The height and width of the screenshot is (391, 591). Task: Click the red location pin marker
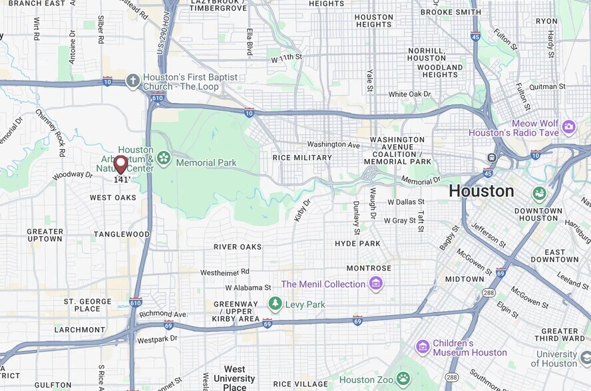point(120,164)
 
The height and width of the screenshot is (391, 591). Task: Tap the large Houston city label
point(481,191)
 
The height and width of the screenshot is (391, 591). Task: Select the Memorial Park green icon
point(164,159)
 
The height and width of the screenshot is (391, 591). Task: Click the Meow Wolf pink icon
point(568,126)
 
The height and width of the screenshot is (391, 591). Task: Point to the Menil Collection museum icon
point(376,284)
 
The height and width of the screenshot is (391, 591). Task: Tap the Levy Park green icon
point(275,304)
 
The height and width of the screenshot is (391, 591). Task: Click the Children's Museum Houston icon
point(423,347)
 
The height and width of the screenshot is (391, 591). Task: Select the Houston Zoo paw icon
point(403,380)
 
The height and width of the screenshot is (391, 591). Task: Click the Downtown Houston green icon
point(539,194)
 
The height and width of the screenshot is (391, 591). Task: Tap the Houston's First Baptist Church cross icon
point(133,81)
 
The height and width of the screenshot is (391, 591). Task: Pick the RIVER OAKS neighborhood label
point(238,247)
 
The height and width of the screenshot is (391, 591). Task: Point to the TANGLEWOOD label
point(122,234)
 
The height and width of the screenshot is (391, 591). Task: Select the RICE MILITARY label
point(302,158)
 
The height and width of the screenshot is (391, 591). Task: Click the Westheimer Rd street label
point(225,272)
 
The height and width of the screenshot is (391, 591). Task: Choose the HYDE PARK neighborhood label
point(357,244)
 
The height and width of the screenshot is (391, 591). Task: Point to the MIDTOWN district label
point(464,279)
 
